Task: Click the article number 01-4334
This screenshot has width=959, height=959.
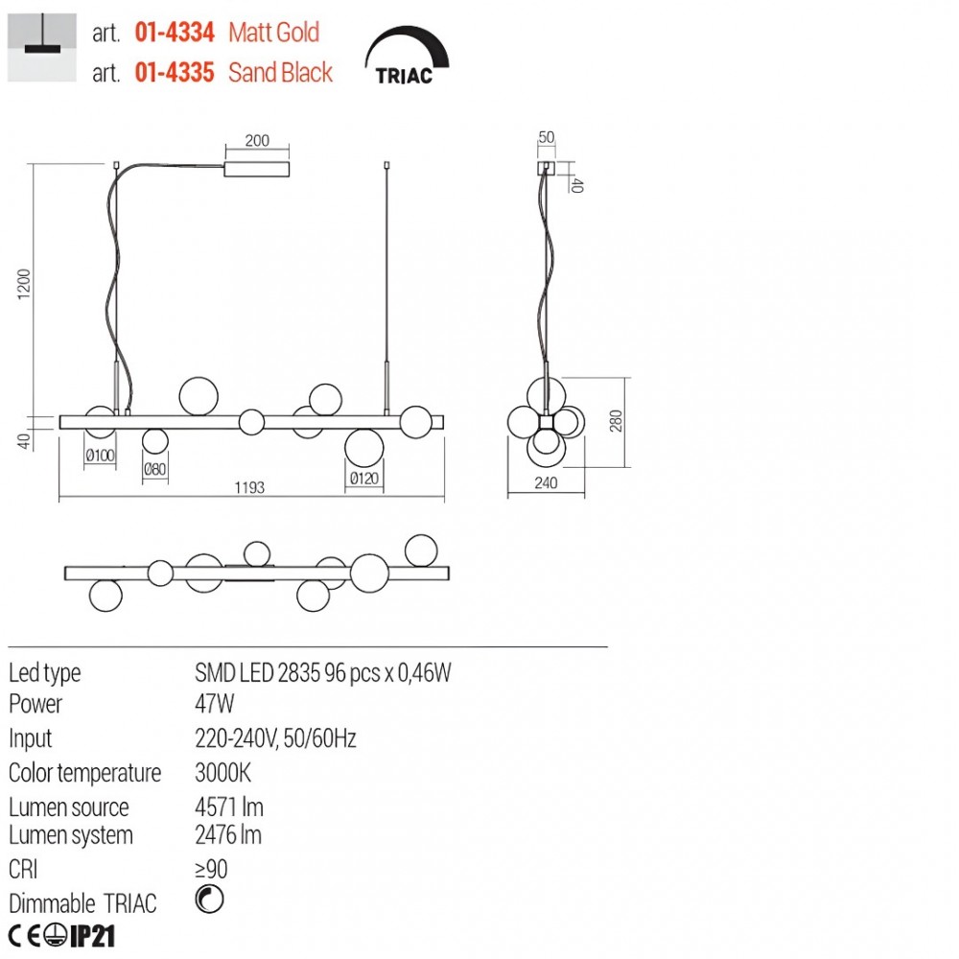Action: pyautogui.click(x=175, y=33)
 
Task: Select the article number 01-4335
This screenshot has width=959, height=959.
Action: pyautogui.click(x=175, y=72)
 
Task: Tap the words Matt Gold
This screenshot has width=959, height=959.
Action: pyautogui.click(x=273, y=33)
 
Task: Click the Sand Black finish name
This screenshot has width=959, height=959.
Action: pyautogui.click(x=280, y=72)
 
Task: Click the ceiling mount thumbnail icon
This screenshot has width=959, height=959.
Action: pyautogui.click(x=41, y=47)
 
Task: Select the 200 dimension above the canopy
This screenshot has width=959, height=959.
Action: pyautogui.click(x=257, y=140)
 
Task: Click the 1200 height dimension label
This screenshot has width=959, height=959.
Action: pyautogui.click(x=24, y=284)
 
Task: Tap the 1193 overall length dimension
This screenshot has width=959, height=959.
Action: pyautogui.click(x=249, y=487)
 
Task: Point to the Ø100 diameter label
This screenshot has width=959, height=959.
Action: pyautogui.click(x=100, y=455)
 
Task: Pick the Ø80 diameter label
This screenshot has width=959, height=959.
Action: pyautogui.click(x=154, y=469)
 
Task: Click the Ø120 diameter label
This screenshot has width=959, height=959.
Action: pyautogui.click(x=363, y=479)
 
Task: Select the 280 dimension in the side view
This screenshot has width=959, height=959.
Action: pyautogui.click(x=616, y=421)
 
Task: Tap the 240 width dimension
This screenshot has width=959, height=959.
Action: pyautogui.click(x=546, y=482)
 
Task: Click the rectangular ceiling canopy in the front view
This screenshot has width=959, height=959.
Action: pyautogui.click(x=257, y=170)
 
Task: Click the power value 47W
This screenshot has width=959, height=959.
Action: pyautogui.click(x=214, y=704)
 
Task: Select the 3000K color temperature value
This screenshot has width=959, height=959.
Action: pyautogui.click(x=222, y=772)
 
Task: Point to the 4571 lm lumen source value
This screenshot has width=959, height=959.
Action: pyautogui.click(x=229, y=807)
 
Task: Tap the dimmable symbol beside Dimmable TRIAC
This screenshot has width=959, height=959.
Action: pyautogui.click(x=209, y=900)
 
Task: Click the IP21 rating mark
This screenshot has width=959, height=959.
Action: pyautogui.click(x=92, y=936)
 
